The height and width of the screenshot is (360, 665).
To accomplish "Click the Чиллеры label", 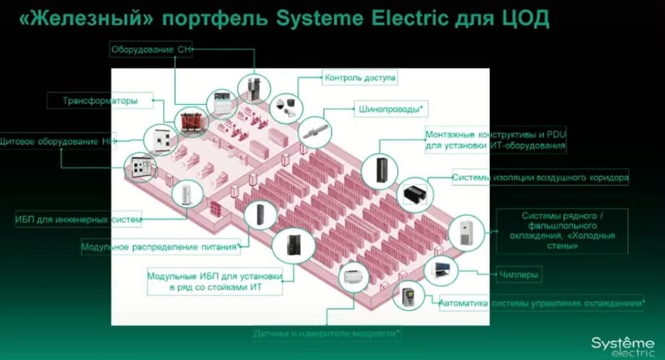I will (x=520, y=275).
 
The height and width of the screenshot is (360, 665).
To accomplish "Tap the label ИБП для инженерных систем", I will (x=78, y=218).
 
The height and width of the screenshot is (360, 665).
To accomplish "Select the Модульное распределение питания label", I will (x=160, y=247).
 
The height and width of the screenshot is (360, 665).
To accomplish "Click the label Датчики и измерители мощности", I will (x=327, y=334).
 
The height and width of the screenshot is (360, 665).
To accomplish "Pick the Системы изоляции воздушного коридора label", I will (x=540, y=176).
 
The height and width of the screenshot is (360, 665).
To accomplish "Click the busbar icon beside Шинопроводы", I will (x=316, y=131).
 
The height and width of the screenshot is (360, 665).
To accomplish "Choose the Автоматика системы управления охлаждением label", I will (x=541, y=303).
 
